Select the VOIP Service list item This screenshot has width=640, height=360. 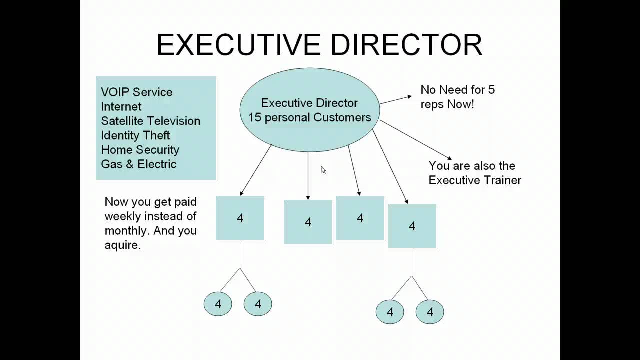(136, 92)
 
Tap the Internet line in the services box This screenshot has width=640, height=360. (121, 107)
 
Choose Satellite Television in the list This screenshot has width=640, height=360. (150, 121)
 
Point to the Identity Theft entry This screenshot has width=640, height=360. (135, 135)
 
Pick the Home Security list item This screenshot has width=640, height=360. (140, 150)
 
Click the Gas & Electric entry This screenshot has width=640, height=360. (138, 164)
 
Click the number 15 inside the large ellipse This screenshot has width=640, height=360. (255, 118)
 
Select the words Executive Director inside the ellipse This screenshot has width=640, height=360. (309, 103)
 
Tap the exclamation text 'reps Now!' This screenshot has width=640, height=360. (447, 105)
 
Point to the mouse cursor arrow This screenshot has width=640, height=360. (323, 170)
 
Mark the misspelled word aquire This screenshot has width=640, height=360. (122, 245)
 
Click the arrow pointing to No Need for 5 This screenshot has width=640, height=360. (396, 100)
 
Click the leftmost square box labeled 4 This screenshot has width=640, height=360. (240, 218)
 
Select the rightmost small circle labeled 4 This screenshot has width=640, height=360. (430, 312)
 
